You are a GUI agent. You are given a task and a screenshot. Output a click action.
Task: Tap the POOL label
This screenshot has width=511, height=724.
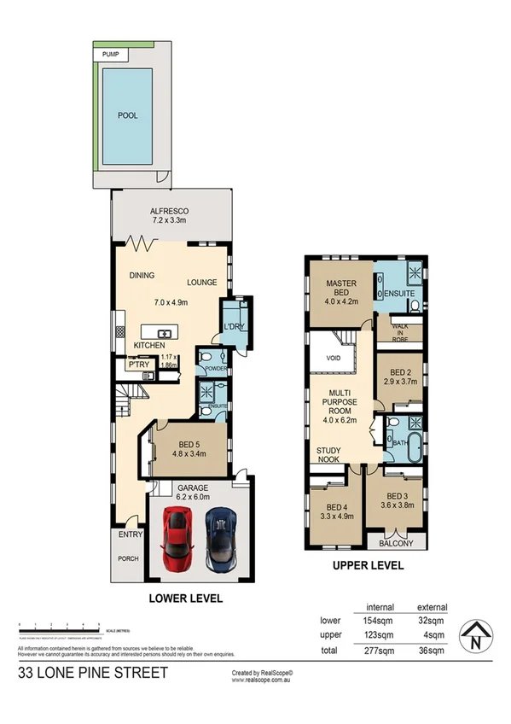(x=128, y=115)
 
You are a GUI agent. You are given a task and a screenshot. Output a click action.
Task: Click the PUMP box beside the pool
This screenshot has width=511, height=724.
(x=110, y=54)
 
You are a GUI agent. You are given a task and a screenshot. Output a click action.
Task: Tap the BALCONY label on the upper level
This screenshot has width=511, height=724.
(x=395, y=544)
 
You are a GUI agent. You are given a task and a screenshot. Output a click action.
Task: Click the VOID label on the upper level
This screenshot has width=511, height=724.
(x=334, y=359)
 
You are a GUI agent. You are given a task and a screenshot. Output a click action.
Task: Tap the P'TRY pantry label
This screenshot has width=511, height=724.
(x=139, y=365)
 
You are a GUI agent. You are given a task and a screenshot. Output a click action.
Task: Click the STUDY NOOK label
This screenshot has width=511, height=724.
(x=328, y=455)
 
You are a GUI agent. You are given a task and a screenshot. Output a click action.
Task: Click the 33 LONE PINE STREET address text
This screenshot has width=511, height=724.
(x=93, y=674)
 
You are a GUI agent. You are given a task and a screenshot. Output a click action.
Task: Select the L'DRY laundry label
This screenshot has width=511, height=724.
(x=234, y=327)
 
